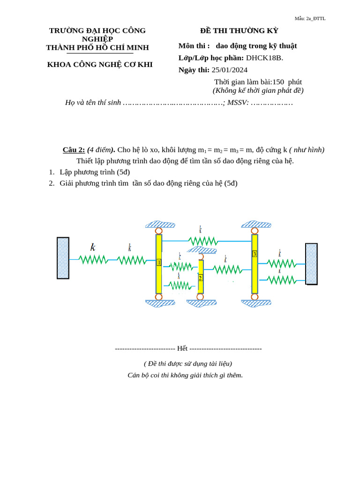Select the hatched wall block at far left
click(63, 258)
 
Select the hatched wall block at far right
click(311, 263)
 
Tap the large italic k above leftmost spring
click(93, 247)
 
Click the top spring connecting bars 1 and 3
click(202, 241)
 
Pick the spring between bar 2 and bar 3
click(227, 270)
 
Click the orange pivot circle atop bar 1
click(159, 231)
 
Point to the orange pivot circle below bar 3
click(255, 297)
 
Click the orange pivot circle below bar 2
click(200, 297)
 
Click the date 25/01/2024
click(229, 70)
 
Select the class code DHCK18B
click(264, 58)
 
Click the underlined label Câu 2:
click(74, 150)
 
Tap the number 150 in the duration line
click(278, 82)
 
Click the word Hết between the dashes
click(182, 348)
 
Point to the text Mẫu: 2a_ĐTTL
click(310, 18)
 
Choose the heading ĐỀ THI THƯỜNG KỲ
click(239, 30)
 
